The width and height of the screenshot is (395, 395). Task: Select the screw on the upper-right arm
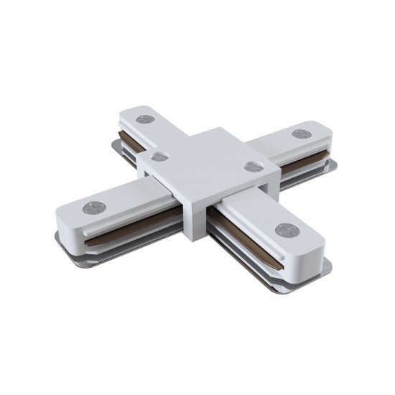click(x=299, y=133)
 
